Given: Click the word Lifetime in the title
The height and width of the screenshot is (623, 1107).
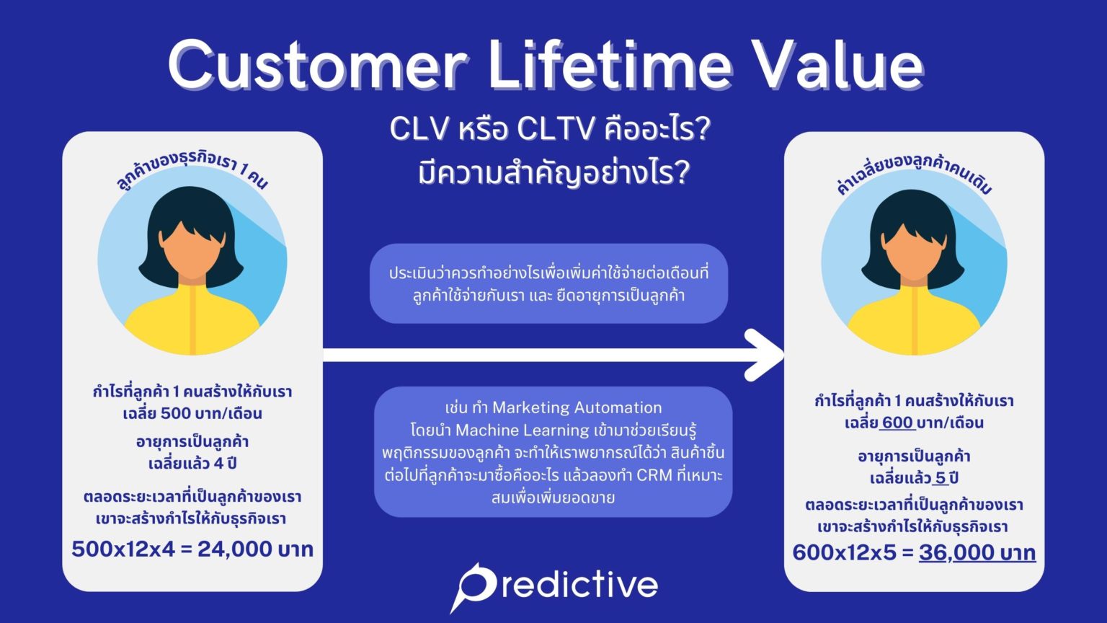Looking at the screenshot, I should pyautogui.click(x=609, y=65).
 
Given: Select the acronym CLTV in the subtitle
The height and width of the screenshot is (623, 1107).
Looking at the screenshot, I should pyautogui.click(x=556, y=130).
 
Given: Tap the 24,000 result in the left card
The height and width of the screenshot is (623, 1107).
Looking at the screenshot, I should pyautogui.click(x=235, y=549).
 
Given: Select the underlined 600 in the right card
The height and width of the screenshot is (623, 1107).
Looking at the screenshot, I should pyautogui.click(x=897, y=423).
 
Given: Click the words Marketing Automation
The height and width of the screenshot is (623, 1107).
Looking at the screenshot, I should pyautogui.click(x=577, y=407).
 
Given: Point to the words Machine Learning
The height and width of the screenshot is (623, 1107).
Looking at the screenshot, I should pyautogui.click(x=522, y=430).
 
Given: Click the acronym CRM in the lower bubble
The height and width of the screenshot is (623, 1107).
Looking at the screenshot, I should pyautogui.click(x=654, y=475).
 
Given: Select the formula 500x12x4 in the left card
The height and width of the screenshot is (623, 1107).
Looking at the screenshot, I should pyautogui.click(x=123, y=549).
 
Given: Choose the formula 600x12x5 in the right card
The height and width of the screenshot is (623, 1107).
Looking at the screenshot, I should pyautogui.click(x=844, y=553).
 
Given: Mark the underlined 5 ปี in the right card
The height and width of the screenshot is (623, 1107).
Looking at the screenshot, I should pyautogui.click(x=945, y=478).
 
